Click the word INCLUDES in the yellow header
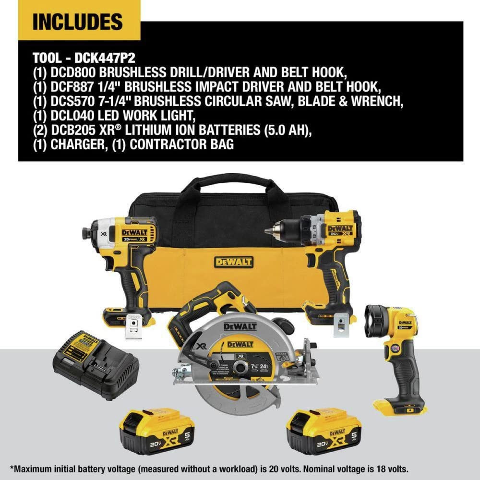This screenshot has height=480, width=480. tap(77, 21)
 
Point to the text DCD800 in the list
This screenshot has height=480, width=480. tap(73, 72)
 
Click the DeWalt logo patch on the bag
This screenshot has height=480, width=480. tap(233, 262)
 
